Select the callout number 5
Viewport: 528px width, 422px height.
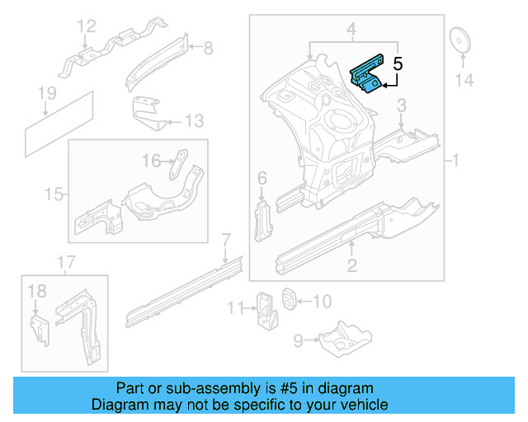(x=398, y=63)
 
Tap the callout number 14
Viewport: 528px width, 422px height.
(x=465, y=79)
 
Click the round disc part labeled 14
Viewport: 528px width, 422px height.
(x=458, y=40)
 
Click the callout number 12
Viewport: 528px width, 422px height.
(x=87, y=30)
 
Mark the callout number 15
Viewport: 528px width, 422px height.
(x=54, y=195)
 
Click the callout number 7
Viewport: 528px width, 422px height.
(x=224, y=241)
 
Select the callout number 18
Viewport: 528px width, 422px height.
(x=37, y=291)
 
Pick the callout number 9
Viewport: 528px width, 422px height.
(x=299, y=337)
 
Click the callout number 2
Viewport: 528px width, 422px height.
(x=352, y=265)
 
